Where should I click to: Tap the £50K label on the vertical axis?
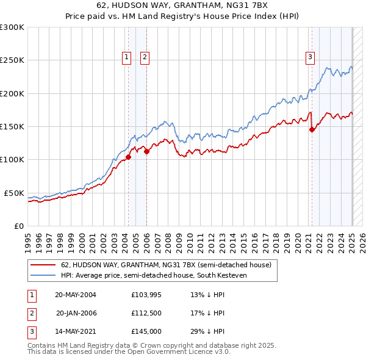click(x=14, y=193)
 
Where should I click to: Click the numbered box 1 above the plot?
click(x=126, y=58)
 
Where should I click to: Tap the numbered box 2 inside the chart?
click(x=145, y=58)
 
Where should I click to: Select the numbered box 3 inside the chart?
click(x=310, y=58)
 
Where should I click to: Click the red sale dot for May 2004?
click(x=128, y=157)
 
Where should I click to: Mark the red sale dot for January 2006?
click(x=147, y=151)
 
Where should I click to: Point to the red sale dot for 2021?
click(x=312, y=129)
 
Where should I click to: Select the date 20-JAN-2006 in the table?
click(x=76, y=313)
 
